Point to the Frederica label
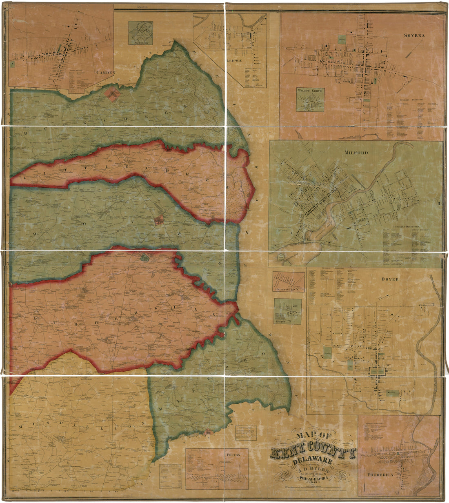click(x=380, y=475)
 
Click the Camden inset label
click(x=106, y=72)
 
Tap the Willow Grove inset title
click(x=310, y=90)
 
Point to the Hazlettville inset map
click(x=289, y=281)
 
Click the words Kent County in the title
click(x=313, y=453)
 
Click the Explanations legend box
click(x=246, y=432)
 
